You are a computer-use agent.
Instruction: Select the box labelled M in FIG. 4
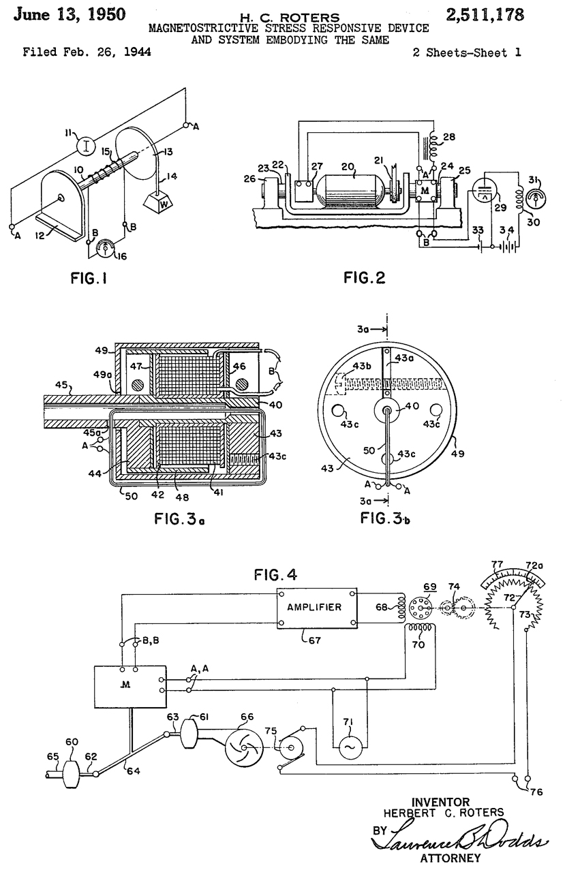click(x=130, y=687)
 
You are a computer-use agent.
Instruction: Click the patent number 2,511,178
click(x=485, y=15)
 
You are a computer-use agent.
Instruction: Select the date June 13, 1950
click(x=70, y=14)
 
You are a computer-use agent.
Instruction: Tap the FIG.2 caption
click(x=365, y=278)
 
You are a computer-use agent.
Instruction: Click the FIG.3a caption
click(x=179, y=518)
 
